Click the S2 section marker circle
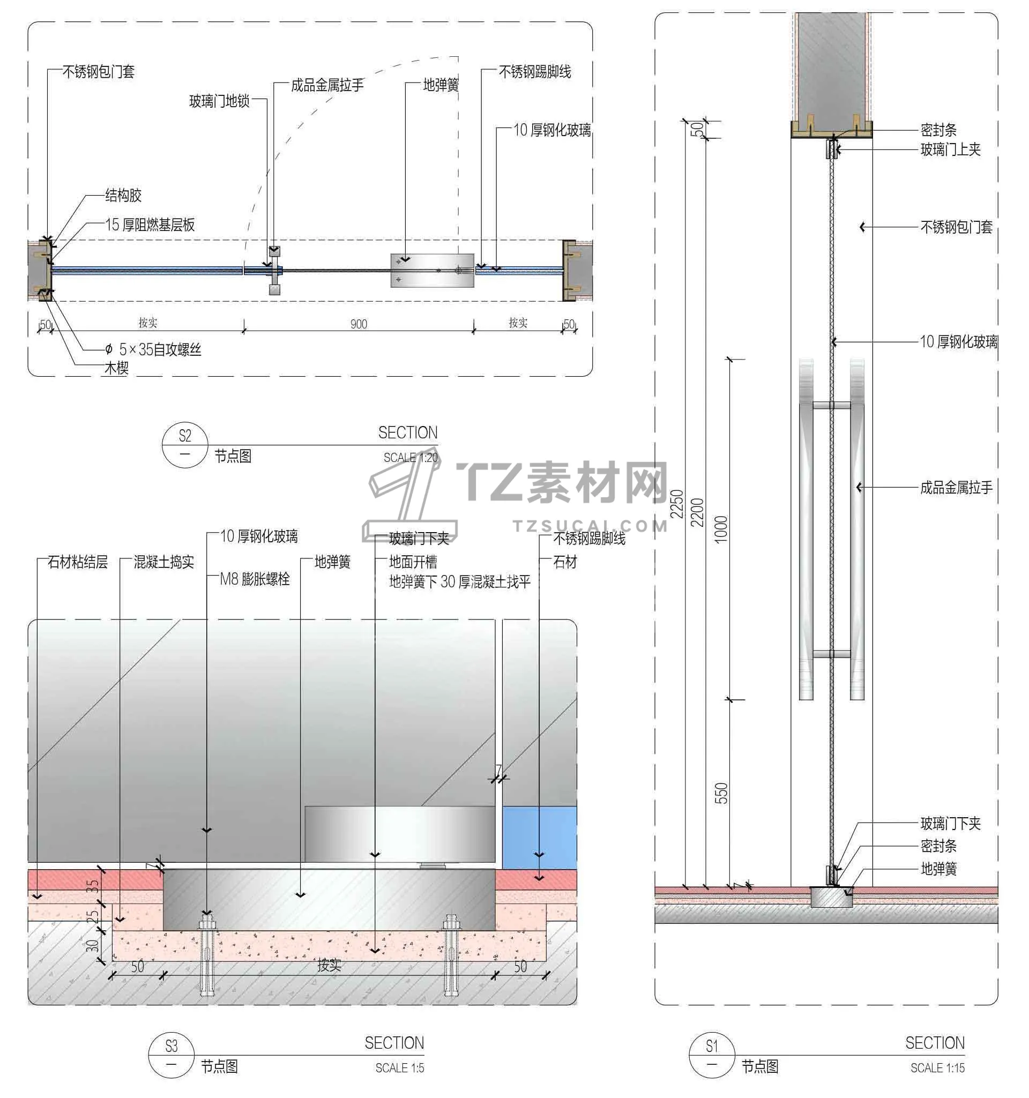(184, 445)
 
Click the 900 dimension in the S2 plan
(359, 324)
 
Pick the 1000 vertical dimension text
(721, 529)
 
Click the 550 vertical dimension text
(721, 793)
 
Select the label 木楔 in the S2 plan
(116, 368)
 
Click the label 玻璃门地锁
(220, 101)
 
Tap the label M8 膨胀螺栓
(255, 579)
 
